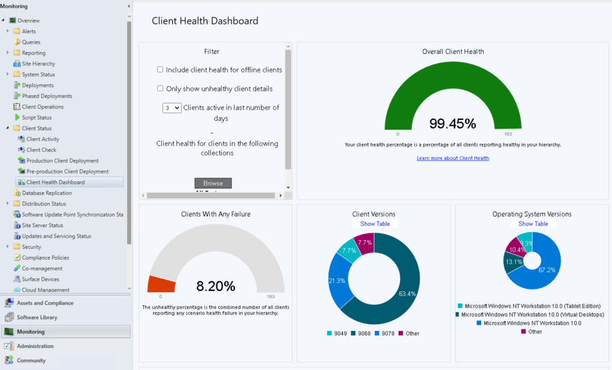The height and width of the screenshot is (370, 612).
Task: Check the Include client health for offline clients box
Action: [160, 69]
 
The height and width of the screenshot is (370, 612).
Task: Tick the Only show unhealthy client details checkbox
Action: [160, 89]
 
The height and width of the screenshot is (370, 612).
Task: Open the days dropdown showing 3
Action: [171, 108]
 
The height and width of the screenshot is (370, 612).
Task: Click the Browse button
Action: [213, 183]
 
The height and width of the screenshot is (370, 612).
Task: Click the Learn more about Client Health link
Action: [453, 158]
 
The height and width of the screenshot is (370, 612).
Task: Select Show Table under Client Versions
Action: [375, 224]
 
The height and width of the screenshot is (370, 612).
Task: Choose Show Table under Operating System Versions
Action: [533, 224]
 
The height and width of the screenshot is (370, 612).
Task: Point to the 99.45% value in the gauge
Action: [453, 124]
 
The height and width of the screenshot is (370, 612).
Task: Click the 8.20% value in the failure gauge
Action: [216, 286]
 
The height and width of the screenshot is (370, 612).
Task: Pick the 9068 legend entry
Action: [360, 333]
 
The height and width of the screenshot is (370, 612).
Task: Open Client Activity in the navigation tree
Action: [43, 139]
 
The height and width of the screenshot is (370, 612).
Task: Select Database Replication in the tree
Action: [47, 193]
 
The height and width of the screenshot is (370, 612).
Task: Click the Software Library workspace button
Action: [37, 317]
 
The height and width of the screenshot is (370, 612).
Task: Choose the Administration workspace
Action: [35, 346]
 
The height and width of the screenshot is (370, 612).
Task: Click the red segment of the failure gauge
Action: [161, 284]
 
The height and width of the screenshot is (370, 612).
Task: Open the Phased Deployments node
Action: [47, 96]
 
